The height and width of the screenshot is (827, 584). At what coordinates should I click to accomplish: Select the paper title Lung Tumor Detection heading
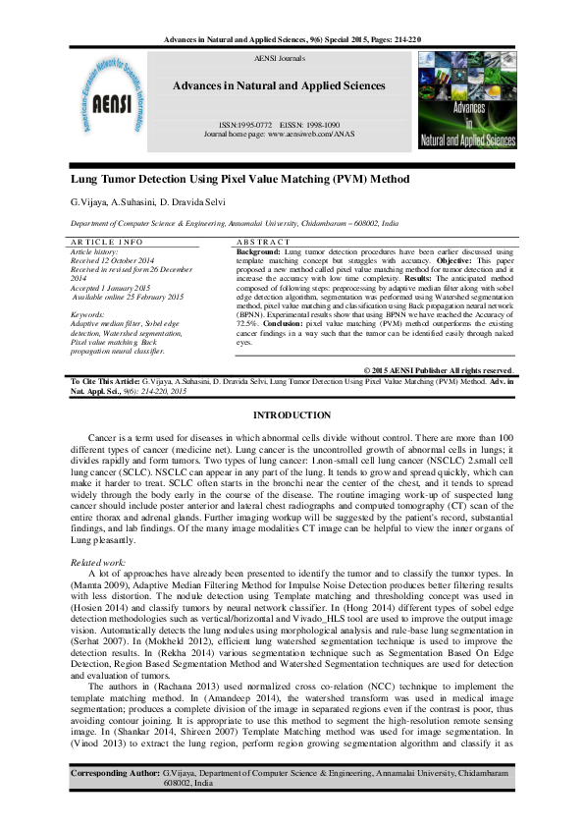click(x=239, y=181)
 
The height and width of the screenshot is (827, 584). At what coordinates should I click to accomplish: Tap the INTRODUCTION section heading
click(x=292, y=416)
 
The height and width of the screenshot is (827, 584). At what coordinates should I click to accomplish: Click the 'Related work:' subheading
click(x=99, y=562)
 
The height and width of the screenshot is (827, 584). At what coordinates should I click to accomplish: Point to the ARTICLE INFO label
click(x=108, y=242)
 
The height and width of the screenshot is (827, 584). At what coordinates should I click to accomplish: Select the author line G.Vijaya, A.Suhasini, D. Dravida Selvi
click(x=147, y=202)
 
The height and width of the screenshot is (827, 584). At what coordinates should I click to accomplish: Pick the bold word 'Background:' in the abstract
click(x=259, y=251)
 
